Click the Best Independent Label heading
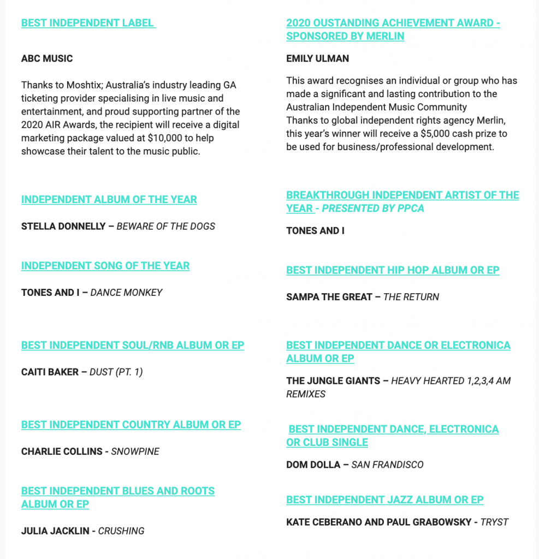[88, 23]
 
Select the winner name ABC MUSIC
[47, 58]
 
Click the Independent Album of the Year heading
[109, 199]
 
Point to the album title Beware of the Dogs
[166, 226]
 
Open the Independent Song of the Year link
[105, 266]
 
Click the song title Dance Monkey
[126, 293]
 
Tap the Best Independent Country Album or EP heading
[131, 425]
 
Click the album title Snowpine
[135, 451]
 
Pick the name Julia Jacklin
[55, 531]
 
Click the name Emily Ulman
[317, 58]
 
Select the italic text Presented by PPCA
[373, 208]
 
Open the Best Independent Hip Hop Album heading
[393, 270]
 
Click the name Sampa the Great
[329, 297]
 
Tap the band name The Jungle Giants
[333, 380]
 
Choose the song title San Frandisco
[387, 465]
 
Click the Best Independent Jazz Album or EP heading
[385, 500]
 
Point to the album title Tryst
[494, 522]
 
